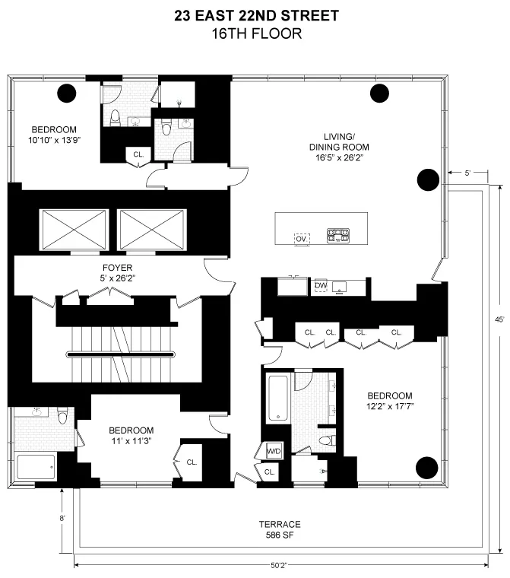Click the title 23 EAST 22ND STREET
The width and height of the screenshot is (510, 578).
click(255, 14)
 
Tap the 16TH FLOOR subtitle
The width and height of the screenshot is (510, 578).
click(255, 33)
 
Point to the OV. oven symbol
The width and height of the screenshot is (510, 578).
click(302, 238)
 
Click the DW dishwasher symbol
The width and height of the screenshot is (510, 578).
click(321, 285)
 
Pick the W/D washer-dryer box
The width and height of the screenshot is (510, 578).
click(273, 452)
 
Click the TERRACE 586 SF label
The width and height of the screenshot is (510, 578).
click(279, 529)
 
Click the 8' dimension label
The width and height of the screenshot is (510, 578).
click(63, 519)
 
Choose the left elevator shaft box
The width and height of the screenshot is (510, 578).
click(74, 229)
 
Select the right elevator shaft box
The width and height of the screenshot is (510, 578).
click(151, 229)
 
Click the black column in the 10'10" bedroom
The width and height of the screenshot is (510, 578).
click(68, 94)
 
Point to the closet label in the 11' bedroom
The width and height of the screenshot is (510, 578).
click(192, 462)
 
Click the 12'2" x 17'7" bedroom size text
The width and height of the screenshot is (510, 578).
click(390, 406)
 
